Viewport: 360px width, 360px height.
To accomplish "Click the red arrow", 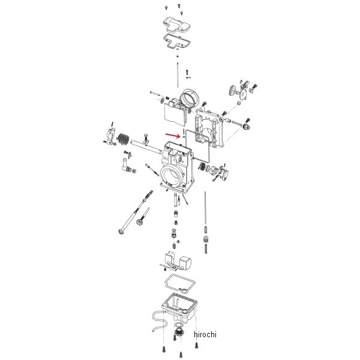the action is [x=173, y=136].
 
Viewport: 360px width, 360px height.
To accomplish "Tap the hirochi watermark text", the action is [x=205, y=334].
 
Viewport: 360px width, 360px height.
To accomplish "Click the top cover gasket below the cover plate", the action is [x=177, y=41].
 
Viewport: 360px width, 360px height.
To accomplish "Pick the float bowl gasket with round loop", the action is [x=180, y=283].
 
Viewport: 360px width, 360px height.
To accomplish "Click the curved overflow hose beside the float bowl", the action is [x=159, y=321].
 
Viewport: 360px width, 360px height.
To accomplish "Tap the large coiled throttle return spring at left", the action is [x=123, y=139].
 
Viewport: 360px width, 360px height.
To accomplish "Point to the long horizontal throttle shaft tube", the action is [x=146, y=147].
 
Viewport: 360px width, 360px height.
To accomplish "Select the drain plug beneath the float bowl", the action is [x=179, y=333].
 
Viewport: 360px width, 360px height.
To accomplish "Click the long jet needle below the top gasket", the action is [x=178, y=75].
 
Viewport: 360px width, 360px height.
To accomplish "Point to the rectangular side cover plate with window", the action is [x=209, y=129].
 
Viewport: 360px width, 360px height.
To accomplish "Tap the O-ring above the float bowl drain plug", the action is [x=179, y=325].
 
